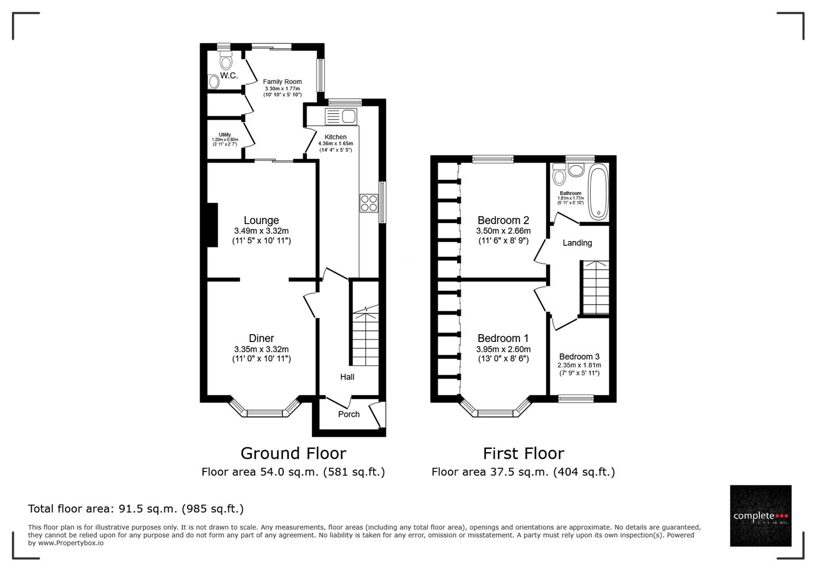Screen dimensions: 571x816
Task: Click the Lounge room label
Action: pos(261,220)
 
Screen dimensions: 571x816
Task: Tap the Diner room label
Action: pos(261,338)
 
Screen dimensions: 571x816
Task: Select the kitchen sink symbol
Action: pos(341,116)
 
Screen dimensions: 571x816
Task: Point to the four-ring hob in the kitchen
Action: pos(369,203)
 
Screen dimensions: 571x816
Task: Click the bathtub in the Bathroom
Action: pos(598,191)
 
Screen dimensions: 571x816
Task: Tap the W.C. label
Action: pos(229,76)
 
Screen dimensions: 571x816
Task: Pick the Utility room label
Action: pos(225,135)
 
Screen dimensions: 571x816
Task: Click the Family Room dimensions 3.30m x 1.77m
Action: pos(282,89)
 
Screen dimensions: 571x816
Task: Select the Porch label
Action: pos(349,414)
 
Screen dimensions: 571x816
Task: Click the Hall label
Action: pos(347,377)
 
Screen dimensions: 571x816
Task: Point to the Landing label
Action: pos(577,243)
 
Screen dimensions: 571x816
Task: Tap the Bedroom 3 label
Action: pos(579,357)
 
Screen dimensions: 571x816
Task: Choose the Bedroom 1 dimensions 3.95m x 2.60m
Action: pos(503,349)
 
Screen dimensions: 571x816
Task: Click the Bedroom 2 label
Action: pos(503,220)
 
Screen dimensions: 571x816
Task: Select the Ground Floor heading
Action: pos(293,453)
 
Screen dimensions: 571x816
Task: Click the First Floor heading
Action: pos(523,453)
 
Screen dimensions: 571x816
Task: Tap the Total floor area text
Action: pos(136,509)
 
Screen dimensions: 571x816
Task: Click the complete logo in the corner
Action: pos(761,515)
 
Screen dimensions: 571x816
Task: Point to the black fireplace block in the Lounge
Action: pos(212,225)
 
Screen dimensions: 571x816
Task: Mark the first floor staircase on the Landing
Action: pos(595,288)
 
